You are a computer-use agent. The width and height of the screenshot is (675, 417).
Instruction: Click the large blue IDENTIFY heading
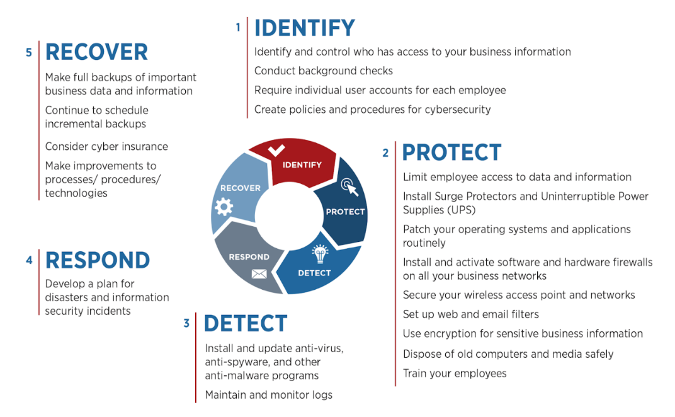click(305, 28)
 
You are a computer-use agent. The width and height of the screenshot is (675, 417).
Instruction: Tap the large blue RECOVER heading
click(96, 52)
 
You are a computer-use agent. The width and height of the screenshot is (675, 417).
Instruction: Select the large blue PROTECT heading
click(452, 152)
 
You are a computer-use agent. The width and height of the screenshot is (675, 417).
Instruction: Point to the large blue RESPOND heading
click(98, 260)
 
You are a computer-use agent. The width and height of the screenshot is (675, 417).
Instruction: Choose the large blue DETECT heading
click(246, 324)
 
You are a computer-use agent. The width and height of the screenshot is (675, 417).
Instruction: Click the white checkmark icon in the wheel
click(276, 151)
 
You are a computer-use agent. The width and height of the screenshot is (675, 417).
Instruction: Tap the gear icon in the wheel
click(224, 207)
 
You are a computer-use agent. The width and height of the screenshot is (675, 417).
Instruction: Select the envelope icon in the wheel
click(259, 273)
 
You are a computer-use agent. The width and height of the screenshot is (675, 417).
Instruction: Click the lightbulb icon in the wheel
click(320, 254)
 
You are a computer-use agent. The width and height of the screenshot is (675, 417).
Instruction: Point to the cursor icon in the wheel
click(349, 187)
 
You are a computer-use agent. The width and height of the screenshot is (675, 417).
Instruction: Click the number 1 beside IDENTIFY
click(238, 28)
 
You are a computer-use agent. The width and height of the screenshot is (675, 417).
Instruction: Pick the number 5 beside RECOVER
click(29, 52)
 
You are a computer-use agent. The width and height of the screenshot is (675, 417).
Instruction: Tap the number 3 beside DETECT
click(186, 324)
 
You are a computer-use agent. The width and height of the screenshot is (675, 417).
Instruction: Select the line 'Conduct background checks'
click(324, 71)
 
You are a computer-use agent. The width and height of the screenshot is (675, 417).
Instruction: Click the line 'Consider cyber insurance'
click(106, 147)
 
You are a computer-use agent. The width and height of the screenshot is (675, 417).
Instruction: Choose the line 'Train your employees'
click(455, 374)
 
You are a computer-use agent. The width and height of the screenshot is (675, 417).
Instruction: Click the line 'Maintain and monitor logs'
click(269, 395)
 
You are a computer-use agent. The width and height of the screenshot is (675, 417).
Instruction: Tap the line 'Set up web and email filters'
click(471, 314)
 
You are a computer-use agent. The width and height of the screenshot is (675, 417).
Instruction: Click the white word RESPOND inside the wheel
click(249, 257)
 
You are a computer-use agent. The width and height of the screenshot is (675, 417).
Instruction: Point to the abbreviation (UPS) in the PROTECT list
click(462, 210)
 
